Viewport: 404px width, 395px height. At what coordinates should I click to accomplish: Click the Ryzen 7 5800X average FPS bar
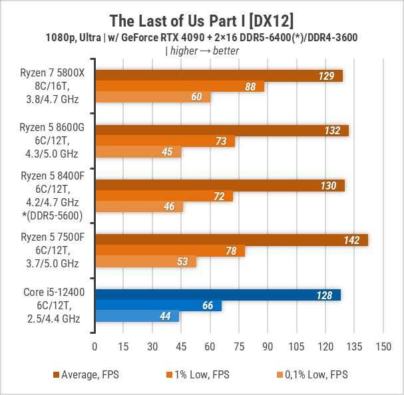(x=218, y=76)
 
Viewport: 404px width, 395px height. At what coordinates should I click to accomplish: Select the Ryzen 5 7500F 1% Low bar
(x=170, y=251)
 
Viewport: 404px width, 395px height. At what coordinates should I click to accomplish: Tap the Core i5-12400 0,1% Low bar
(x=137, y=317)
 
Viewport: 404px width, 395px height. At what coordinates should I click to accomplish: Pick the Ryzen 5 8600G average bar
(x=221, y=130)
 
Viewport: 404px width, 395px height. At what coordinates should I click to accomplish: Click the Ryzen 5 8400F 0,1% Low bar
(x=138, y=207)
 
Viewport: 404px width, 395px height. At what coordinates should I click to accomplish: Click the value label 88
(x=251, y=86)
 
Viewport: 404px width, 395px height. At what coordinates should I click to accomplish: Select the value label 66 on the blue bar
(x=208, y=305)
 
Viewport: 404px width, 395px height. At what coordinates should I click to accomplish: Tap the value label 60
(x=196, y=97)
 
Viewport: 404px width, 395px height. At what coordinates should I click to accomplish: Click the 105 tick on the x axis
(x=296, y=347)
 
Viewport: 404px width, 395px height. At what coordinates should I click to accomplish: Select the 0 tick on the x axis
(x=95, y=347)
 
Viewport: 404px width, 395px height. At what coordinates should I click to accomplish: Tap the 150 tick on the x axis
(x=383, y=347)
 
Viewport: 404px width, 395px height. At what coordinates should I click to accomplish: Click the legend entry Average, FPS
(x=86, y=375)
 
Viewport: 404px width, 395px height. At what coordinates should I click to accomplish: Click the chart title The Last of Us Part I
(x=202, y=17)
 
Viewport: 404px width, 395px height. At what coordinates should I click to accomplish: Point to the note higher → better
(x=202, y=51)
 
